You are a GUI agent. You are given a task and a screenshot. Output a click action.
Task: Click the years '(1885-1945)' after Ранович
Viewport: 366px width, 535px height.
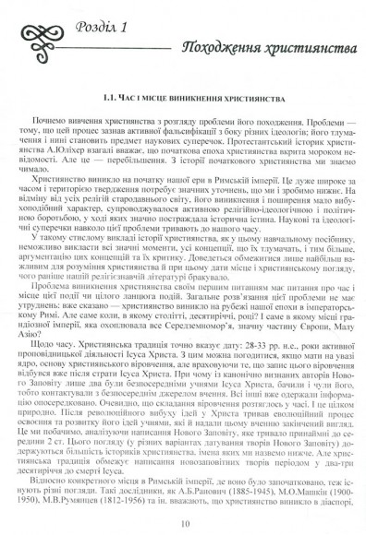coord(256,492)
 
